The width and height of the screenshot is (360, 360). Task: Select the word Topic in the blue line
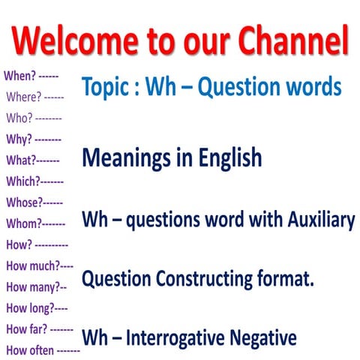pyautogui.click(x=105, y=88)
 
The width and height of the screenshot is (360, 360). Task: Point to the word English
pyautogui.click(x=228, y=158)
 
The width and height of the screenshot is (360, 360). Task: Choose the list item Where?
pyautogui.click(x=24, y=97)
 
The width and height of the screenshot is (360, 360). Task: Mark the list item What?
pyautogui.click(x=20, y=160)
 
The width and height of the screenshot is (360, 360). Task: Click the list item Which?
pyautogui.click(x=22, y=181)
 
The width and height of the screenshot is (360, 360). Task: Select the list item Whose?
pyautogui.click(x=23, y=202)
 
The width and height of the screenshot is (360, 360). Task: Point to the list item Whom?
pyautogui.click(x=23, y=223)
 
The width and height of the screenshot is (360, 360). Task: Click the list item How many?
pyautogui.click(x=31, y=286)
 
